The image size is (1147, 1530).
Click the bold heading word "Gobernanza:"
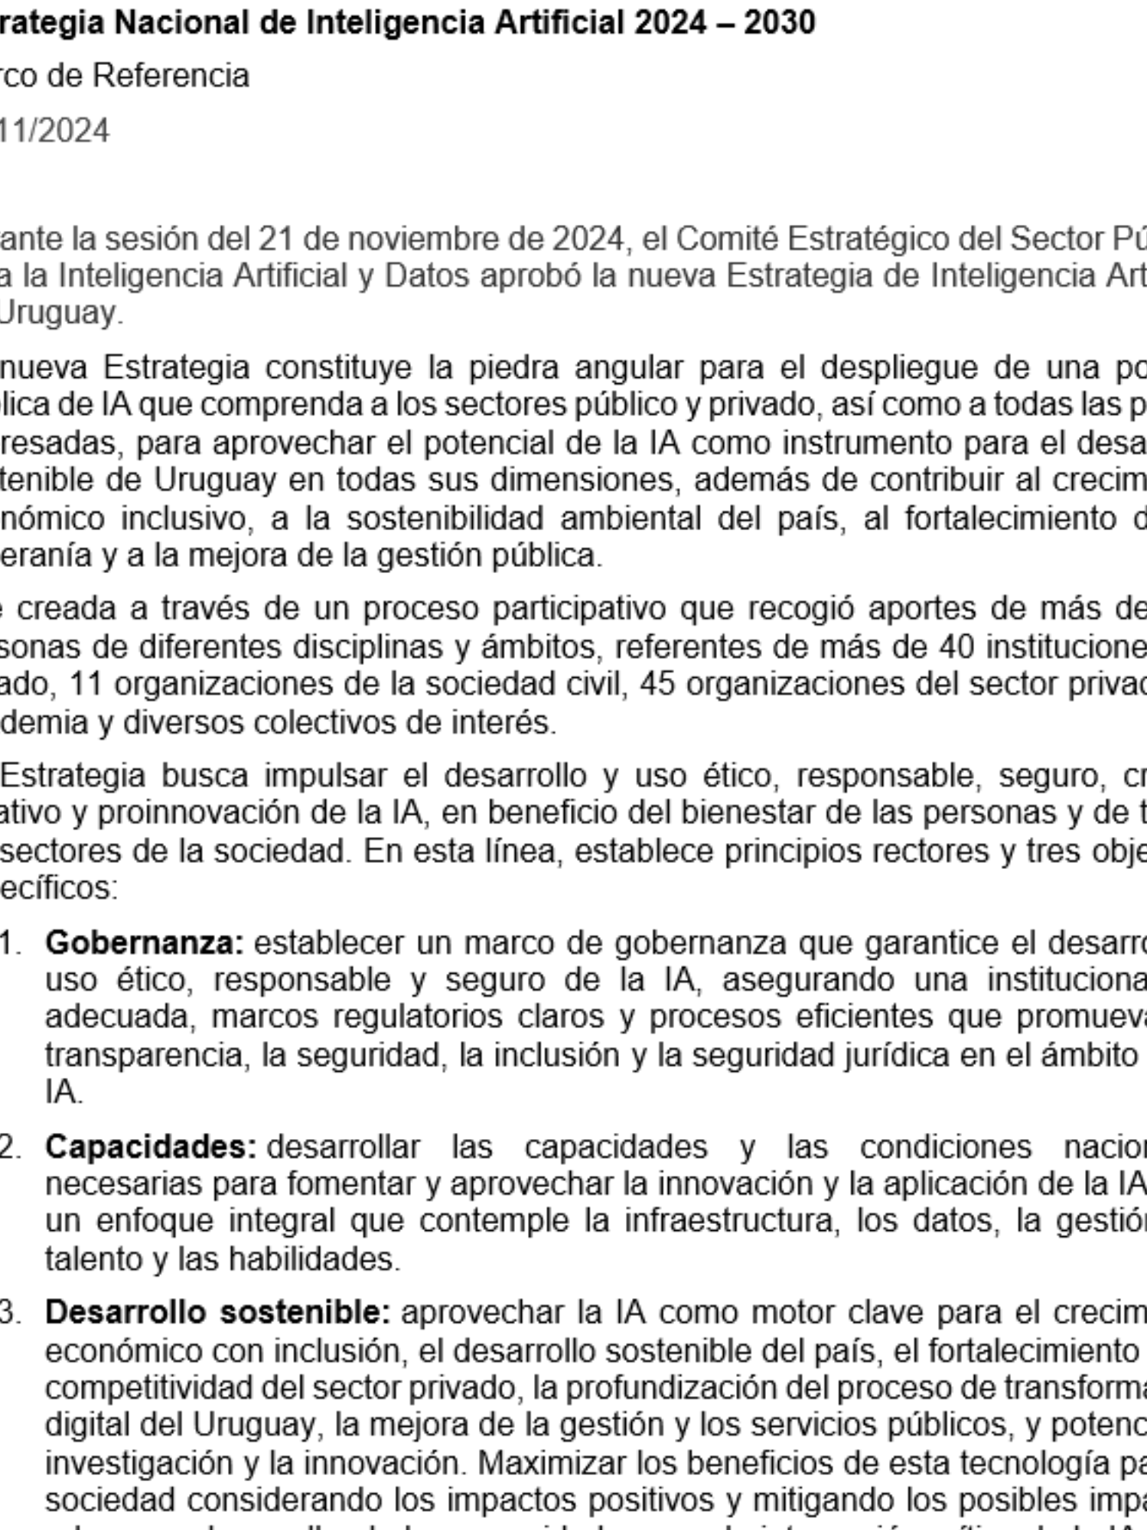tap(144, 942)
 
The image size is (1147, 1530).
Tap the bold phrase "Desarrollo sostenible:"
tap(217, 1313)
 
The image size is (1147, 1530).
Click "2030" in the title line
tap(780, 23)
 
